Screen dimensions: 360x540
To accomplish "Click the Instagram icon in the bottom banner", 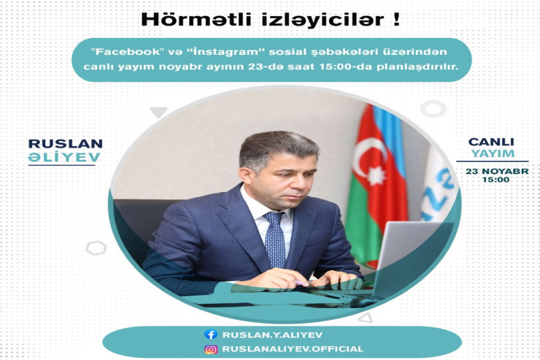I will point(211,349).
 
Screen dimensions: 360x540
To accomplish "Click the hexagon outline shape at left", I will point(96,248).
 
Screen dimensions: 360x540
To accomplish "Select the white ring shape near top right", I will point(433,110).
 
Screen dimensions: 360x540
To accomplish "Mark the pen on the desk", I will point(301,282).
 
